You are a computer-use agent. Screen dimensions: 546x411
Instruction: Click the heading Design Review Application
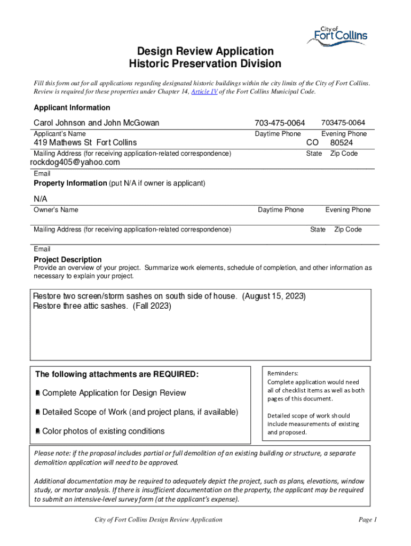(x=205, y=51)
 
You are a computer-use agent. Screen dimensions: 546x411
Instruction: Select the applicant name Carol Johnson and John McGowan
(x=97, y=123)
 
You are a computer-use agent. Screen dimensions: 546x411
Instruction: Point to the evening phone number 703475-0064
(x=343, y=123)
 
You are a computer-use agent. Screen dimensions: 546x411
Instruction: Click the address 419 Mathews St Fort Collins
(x=85, y=142)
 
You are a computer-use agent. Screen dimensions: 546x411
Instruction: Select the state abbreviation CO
(x=312, y=143)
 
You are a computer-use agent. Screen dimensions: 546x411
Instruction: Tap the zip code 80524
(x=341, y=143)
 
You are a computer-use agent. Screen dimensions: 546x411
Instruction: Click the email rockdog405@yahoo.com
(x=75, y=162)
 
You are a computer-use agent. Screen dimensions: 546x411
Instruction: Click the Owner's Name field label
(x=56, y=210)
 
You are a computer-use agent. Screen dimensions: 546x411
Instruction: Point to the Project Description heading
(x=68, y=260)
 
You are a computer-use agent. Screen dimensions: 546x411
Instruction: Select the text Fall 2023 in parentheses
(x=152, y=306)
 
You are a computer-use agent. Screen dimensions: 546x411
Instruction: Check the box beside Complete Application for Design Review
(x=38, y=394)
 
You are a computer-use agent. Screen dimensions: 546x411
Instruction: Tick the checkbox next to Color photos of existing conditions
(x=38, y=431)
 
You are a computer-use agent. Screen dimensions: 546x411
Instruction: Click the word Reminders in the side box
(x=283, y=374)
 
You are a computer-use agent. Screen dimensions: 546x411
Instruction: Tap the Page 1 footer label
(x=368, y=519)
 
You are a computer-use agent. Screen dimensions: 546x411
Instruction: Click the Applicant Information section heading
(x=72, y=107)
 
